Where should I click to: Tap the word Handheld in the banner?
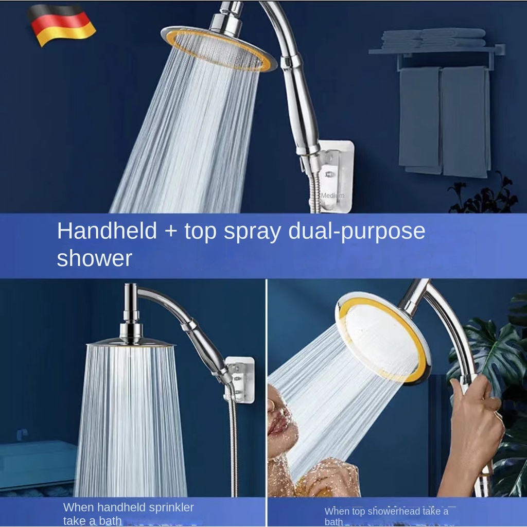coord(107,231)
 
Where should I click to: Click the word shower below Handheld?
coord(95,258)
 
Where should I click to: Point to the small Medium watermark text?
coord(332,195)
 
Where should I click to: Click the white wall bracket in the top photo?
coord(333,177)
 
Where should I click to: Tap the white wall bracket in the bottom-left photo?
coord(239,380)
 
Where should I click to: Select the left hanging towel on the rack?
coord(420,120)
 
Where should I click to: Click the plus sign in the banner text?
coord(171,232)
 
